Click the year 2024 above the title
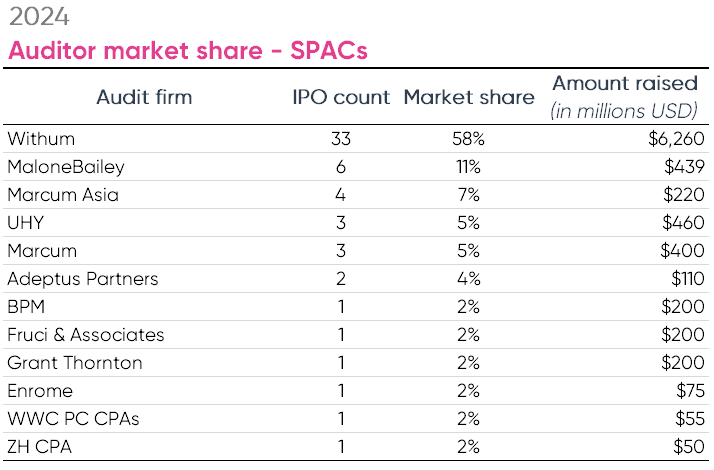click(39, 17)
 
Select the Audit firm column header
click(144, 97)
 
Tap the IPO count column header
click(340, 97)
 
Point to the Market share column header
click(469, 97)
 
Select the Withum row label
click(41, 139)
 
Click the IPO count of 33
click(340, 139)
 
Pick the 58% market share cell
click(469, 139)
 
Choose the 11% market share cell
click(469, 167)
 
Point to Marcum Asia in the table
click(62, 195)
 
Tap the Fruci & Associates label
click(85, 335)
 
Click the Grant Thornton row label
click(74, 363)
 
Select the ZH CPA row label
click(39, 447)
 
